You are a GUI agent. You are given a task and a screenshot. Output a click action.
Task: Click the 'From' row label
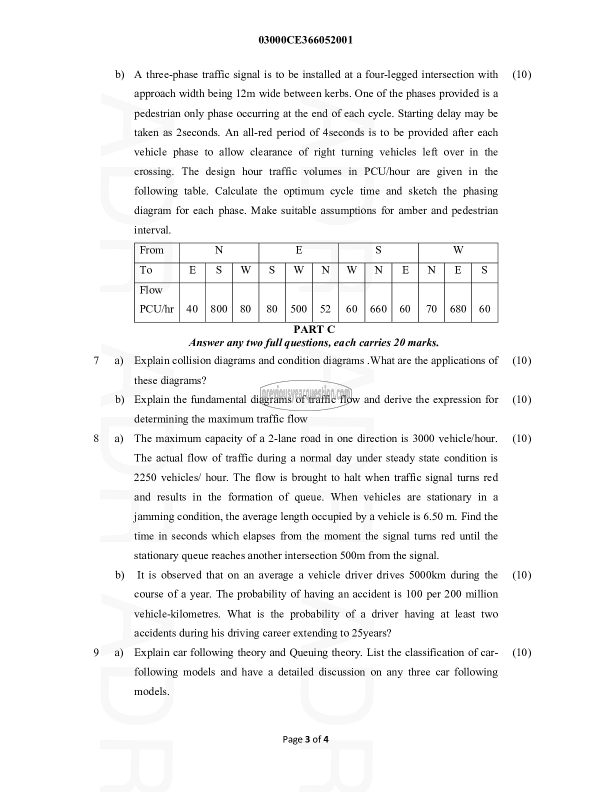pyautogui.click(x=151, y=250)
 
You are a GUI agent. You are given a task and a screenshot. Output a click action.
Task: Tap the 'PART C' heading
pyautogui.click(x=314, y=329)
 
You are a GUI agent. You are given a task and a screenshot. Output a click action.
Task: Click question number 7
pyautogui.click(x=96, y=361)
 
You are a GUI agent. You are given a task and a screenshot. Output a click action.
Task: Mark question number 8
pyautogui.click(x=96, y=439)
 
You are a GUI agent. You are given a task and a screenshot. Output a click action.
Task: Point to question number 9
pyautogui.click(x=96, y=652)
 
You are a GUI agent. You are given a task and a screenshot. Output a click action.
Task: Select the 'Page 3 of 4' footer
pyautogui.click(x=306, y=739)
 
